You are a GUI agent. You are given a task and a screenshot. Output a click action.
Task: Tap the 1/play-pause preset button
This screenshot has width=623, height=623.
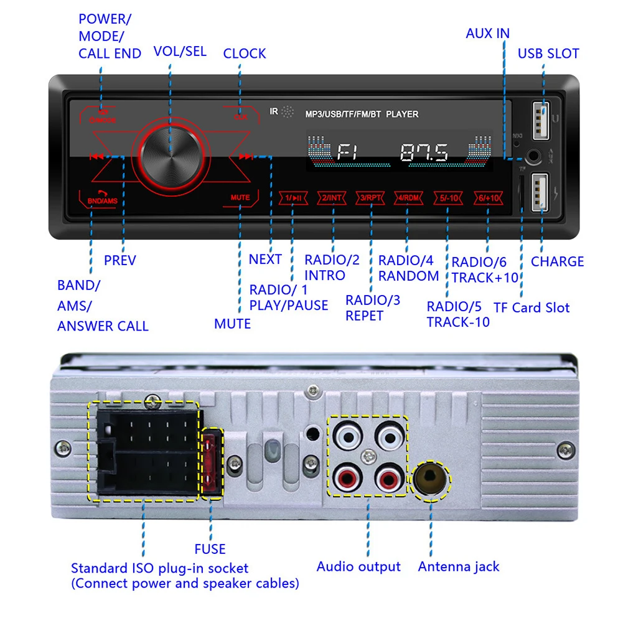pos(293,198)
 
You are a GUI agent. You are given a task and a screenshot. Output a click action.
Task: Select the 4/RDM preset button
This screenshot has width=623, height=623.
pos(408,198)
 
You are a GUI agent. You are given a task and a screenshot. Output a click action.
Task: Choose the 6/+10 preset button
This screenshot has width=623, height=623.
pos(487,198)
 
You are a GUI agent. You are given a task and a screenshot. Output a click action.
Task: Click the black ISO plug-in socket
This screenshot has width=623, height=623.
pos(144,451)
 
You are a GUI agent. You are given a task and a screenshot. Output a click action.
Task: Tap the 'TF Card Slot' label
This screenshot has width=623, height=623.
pos(532,307)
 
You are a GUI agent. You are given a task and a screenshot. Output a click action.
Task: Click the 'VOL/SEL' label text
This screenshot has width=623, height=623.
pos(180,52)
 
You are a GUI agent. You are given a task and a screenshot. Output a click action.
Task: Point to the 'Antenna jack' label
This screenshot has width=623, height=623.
pos(459,566)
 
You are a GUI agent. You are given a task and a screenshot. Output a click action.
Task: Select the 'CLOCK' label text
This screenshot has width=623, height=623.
pos(245,54)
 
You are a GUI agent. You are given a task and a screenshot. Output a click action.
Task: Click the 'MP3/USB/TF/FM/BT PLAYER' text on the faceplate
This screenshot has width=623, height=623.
pos(362,115)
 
